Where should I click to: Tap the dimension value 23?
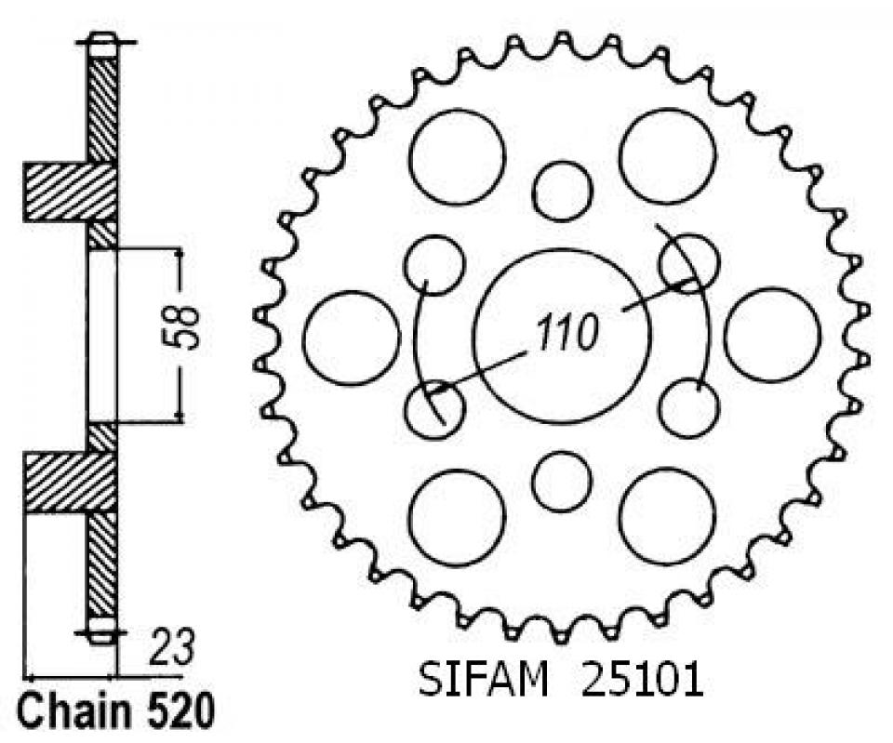tap(170, 647)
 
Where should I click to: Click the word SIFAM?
tap(483, 680)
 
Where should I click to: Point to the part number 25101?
tap(642, 680)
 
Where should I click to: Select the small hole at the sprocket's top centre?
tap(562, 192)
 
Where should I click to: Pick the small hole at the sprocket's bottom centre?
tap(562, 482)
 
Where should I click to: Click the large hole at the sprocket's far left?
tap(351, 338)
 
